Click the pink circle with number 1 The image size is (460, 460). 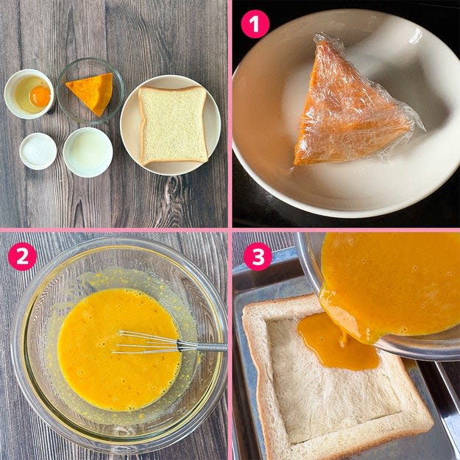tap(255, 24)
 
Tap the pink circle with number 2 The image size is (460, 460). tap(22, 256)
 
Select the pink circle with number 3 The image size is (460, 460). tap(258, 256)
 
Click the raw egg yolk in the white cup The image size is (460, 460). tap(40, 96)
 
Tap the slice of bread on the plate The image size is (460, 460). tap(173, 125)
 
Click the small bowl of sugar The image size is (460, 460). tap(38, 151)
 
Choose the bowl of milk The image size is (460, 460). tap(88, 152)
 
